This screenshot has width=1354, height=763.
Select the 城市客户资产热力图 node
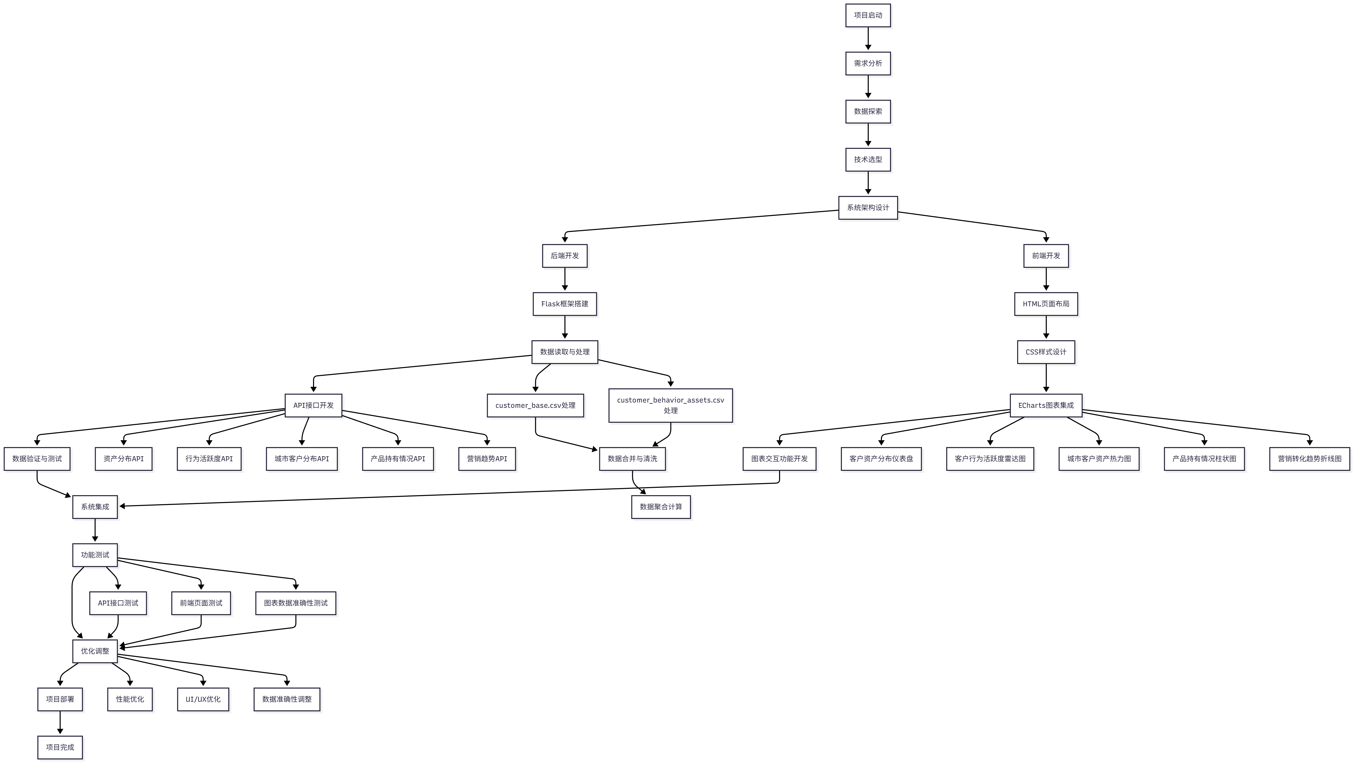coord(1099,459)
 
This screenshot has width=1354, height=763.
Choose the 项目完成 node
coord(60,747)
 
